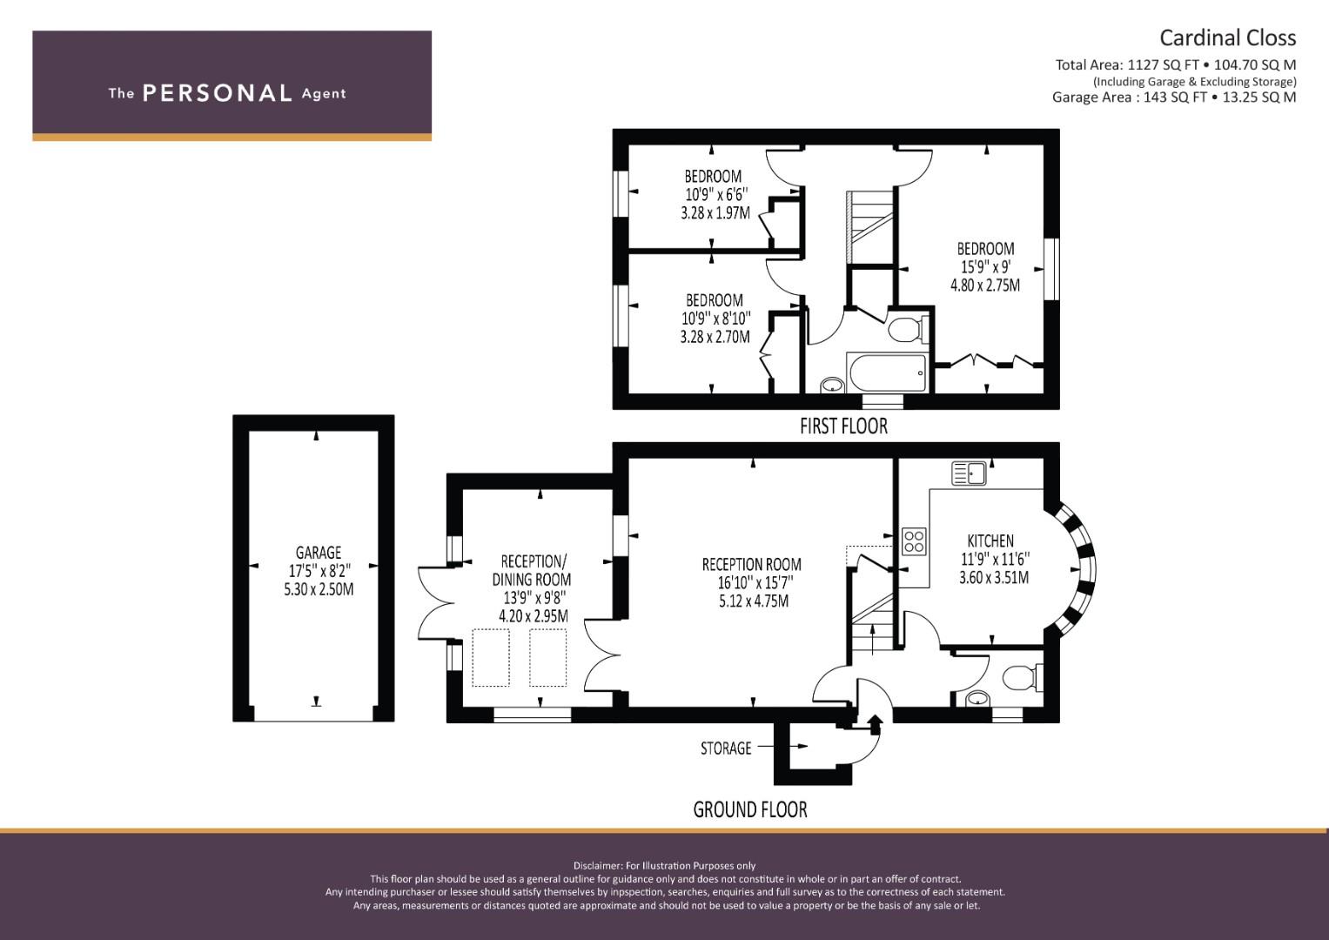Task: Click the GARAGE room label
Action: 319,553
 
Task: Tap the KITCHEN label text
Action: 990,540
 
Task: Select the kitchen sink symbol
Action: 969,473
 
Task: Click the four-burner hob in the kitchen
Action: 914,541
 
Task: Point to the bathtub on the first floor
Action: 888,373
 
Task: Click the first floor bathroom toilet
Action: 908,329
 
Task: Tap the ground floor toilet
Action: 1023,677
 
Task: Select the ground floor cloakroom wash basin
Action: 977,698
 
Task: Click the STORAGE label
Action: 726,749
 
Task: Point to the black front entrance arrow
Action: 876,724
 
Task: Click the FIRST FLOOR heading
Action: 843,426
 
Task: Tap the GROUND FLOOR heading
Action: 750,809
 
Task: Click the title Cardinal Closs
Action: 1227,38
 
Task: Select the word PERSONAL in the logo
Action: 218,93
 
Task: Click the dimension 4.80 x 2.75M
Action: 985,285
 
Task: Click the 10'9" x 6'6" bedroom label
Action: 716,195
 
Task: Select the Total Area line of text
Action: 1175,64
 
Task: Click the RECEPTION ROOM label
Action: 751,564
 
